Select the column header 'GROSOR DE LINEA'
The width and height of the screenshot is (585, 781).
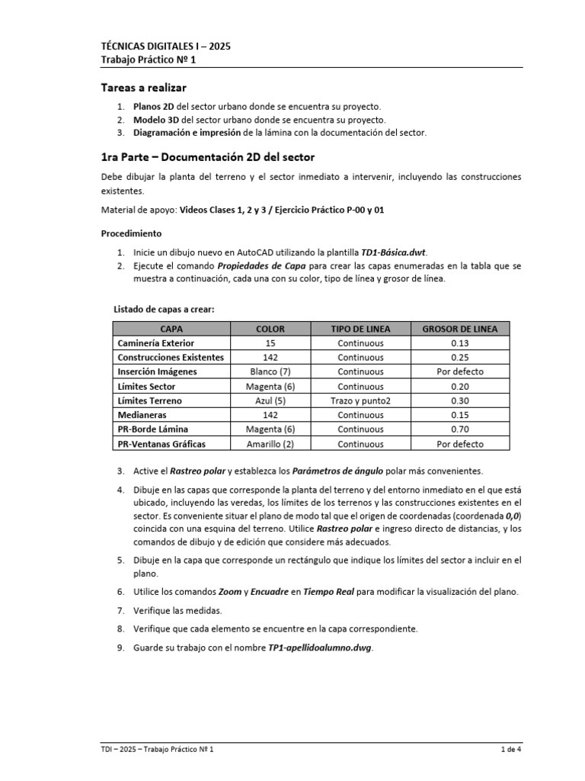point(459,329)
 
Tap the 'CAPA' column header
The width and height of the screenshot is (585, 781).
point(171,329)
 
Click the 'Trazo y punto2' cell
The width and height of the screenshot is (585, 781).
point(360,400)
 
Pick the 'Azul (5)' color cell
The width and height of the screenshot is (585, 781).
point(270,400)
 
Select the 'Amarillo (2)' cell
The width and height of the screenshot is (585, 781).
point(270,444)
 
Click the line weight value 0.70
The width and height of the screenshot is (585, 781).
point(459,429)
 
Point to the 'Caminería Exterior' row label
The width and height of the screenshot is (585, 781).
point(155,343)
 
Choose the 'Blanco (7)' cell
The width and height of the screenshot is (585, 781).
point(270,371)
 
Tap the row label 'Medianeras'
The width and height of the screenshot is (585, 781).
point(142,415)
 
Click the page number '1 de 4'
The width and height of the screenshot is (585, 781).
point(510,750)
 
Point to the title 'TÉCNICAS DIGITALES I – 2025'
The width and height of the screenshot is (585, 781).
point(165,46)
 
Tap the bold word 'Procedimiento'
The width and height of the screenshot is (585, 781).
point(131,233)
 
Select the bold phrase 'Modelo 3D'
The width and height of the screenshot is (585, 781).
point(156,120)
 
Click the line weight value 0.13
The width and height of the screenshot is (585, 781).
point(459,343)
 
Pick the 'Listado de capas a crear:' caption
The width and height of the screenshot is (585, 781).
point(164,309)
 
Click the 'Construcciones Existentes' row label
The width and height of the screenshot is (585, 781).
point(171,357)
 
